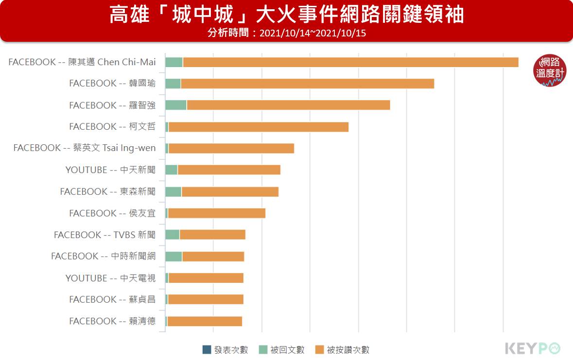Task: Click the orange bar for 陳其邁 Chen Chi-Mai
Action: pos(350,62)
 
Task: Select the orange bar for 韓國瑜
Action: pos(307,84)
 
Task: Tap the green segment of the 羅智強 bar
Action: pos(176,105)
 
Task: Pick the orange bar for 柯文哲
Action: pos(259,127)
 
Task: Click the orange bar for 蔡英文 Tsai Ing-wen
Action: pos(231,148)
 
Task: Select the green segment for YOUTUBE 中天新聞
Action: pos(172,170)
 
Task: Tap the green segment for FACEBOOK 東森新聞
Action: pos(174,191)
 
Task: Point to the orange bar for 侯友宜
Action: pos(217,213)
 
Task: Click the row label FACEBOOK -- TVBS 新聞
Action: pos(104,235)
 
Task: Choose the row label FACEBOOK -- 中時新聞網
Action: pos(103,256)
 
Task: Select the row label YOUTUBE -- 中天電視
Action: pos(110,278)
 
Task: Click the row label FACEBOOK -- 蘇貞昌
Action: pos(112,299)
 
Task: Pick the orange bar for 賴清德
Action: pos(205,321)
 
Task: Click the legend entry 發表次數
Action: pos(226,350)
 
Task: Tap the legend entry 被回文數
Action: pos(282,350)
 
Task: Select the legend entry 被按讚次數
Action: pos(342,350)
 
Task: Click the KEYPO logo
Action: pos(533,348)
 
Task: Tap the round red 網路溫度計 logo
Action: pos(550,70)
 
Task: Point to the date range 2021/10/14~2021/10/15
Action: pos(313,33)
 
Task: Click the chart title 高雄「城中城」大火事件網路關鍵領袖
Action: pos(286,15)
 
